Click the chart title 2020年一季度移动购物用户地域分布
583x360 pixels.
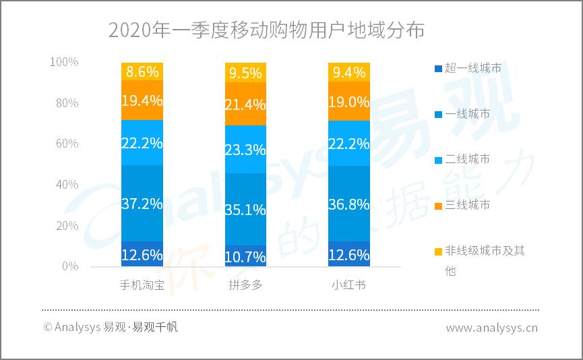267,30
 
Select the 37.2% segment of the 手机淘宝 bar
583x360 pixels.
142,203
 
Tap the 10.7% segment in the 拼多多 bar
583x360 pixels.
245,256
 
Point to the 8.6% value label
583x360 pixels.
142,71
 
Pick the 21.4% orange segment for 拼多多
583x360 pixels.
245,103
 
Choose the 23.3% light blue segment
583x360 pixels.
245,149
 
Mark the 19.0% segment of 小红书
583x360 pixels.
348,101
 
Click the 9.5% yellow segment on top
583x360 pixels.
245,72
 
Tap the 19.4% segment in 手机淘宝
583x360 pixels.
142,100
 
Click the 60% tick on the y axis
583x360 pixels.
65,144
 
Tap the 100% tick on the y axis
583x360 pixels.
64,62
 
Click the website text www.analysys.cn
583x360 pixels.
491,328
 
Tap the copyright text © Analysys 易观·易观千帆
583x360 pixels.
111,328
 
